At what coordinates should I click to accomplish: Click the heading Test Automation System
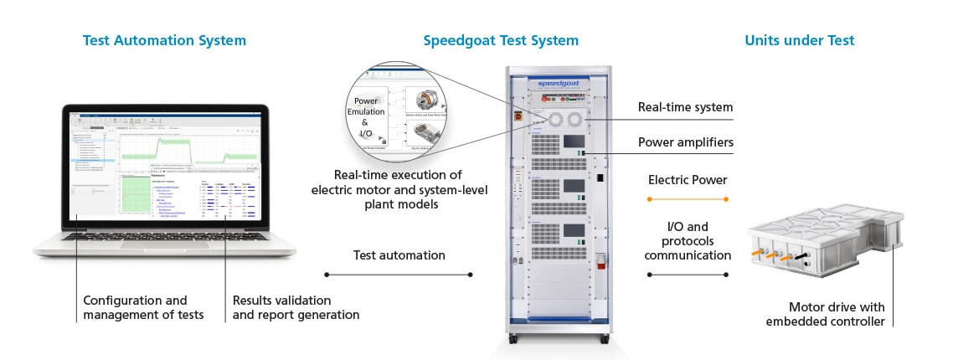[164, 40]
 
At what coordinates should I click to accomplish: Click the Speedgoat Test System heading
[501, 40]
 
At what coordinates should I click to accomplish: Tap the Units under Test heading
[799, 40]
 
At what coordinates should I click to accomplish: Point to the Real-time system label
[685, 107]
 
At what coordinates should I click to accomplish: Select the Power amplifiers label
[685, 142]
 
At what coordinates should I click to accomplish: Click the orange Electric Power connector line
[688, 198]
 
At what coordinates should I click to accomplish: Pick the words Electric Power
[688, 180]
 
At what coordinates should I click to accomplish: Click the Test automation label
[399, 255]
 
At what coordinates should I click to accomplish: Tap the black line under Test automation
[399, 274]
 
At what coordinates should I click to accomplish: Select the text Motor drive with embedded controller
[837, 314]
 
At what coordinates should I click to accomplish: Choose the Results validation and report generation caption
[295, 307]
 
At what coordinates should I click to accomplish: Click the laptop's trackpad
[164, 244]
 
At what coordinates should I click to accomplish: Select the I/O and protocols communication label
[688, 241]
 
